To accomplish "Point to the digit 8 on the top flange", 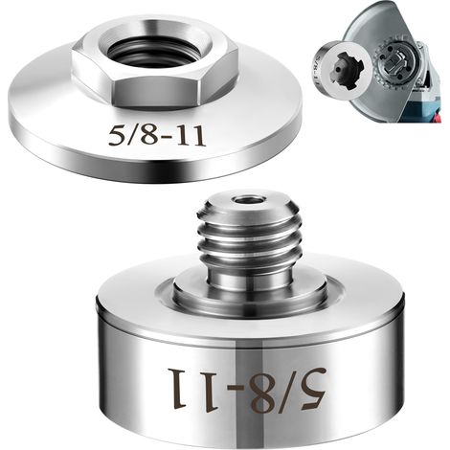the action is [x=147, y=137].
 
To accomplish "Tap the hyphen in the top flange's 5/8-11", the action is [x=165, y=138].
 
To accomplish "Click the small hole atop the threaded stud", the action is [x=247, y=201].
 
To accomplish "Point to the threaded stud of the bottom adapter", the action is [x=246, y=227].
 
